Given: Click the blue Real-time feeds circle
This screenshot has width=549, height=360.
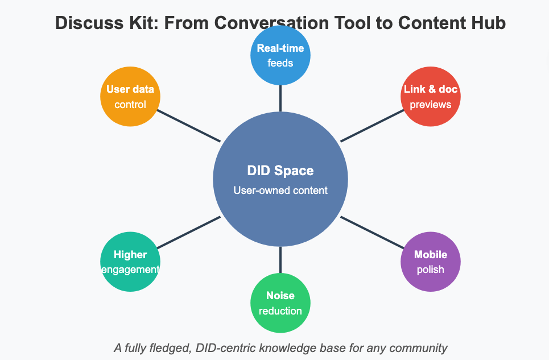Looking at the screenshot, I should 280,55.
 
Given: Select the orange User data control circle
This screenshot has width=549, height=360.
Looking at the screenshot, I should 130,97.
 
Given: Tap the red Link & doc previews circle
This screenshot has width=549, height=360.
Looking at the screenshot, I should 430,97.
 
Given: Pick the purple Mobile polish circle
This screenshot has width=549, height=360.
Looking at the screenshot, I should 430,262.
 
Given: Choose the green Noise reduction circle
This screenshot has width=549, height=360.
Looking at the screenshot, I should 280,303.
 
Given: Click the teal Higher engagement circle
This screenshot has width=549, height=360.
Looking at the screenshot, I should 130,262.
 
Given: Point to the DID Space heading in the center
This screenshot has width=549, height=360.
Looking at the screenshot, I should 280,171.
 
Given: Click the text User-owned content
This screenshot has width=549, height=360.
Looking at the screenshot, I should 280,191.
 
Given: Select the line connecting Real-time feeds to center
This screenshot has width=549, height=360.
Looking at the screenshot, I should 280,98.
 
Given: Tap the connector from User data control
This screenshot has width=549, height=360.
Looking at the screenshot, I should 188,126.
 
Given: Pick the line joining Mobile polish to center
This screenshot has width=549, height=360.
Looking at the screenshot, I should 372,233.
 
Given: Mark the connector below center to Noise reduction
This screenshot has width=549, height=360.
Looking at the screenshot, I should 280,260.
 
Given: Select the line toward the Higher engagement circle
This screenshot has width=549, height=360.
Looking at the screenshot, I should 188,233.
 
